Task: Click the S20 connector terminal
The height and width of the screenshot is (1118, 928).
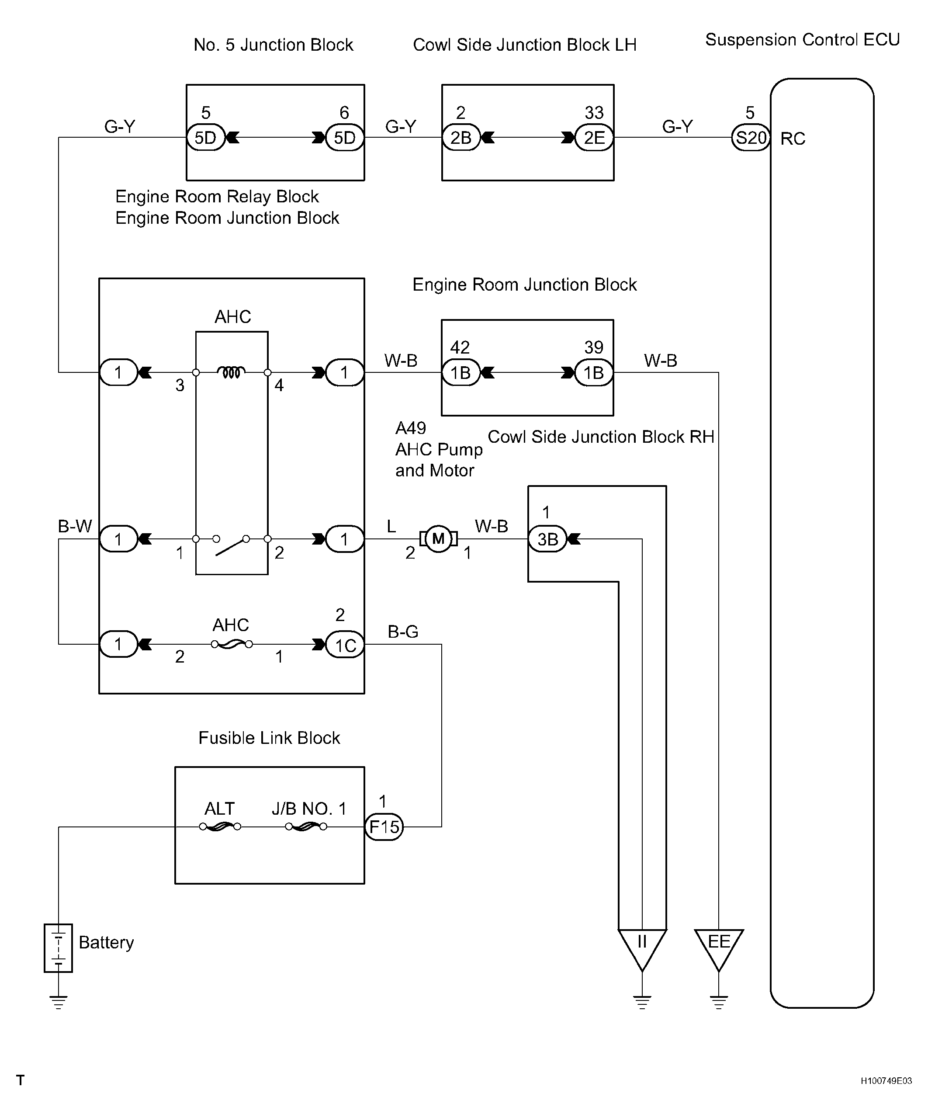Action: (x=751, y=138)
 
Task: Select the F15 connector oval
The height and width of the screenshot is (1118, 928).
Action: (x=384, y=827)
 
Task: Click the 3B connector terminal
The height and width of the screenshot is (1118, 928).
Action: (x=547, y=539)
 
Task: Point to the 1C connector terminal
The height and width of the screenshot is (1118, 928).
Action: (x=345, y=645)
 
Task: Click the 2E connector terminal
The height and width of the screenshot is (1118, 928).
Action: (x=594, y=138)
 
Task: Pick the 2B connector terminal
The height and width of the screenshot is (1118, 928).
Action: (x=461, y=138)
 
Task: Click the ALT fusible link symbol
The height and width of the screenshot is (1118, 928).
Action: (x=220, y=827)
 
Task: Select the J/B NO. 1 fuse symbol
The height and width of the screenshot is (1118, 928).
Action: (x=306, y=827)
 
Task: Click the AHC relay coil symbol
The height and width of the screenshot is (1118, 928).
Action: (x=232, y=372)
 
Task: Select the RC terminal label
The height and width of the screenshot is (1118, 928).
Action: (x=793, y=139)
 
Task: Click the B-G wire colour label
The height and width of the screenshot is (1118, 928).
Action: (x=403, y=632)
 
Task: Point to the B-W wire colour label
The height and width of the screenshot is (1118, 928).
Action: (x=75, y=526)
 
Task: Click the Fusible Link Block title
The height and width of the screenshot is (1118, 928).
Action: (x=269, y=738)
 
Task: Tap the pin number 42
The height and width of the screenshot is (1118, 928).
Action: (x=460, y=347)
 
